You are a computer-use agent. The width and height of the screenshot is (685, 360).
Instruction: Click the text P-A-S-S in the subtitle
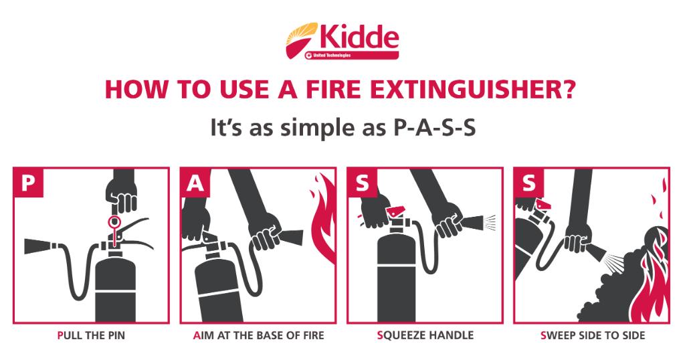432,128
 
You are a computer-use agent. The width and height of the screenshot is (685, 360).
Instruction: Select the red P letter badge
28,182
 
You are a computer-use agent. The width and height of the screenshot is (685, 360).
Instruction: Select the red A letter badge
195,182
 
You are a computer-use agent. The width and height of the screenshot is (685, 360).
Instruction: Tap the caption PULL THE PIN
91,335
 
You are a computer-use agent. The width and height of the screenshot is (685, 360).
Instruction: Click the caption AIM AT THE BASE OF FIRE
259,335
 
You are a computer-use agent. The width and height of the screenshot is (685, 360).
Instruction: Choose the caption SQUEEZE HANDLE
425,335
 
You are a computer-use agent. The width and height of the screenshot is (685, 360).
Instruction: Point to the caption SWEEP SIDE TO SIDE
593,335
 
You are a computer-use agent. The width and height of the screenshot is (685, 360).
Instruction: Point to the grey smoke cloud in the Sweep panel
620,284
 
